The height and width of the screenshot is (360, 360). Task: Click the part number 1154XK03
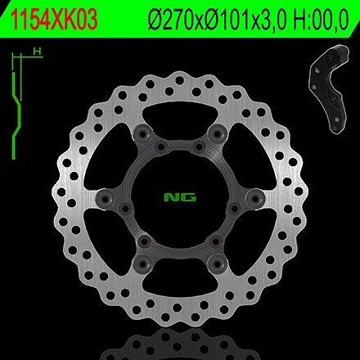click(54, 20)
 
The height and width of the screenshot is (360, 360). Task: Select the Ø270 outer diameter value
click(175, 20)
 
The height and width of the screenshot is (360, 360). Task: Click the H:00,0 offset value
click(322, 20)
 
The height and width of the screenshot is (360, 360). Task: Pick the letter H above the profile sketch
click(36, 51)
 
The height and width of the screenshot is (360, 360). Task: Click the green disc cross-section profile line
click(16, 115)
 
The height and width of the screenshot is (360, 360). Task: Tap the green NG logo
click(180, 197)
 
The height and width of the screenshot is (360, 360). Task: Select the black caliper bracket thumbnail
click(329, 88)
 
